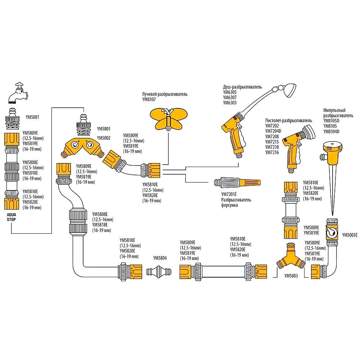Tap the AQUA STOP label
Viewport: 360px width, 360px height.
pyautogui.click(x=12, y=216)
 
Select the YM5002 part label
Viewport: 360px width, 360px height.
pyautogui.click(x=104, y=138)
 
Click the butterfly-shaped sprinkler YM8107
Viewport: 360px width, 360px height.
pyautogui.click(x=168, y=118)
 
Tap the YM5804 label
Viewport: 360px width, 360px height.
pyautogui.click(x=160, y=258)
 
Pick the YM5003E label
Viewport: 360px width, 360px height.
pyautogui.click(x=350, y=235)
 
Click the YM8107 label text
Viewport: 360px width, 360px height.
pyautogui.click(x=149, y=99)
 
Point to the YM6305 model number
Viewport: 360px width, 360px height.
pyautogui.click(x=230, y=92)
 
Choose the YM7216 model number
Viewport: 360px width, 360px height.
pyautogui.click(x=272, y=153)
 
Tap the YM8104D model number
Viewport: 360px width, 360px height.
pyautogui.click(x=332, y=131)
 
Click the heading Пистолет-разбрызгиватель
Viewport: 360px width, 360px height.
pyautogui.click(x=288, y=120)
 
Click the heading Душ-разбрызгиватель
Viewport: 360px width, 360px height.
pyautogui.click(x=243, y=87)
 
